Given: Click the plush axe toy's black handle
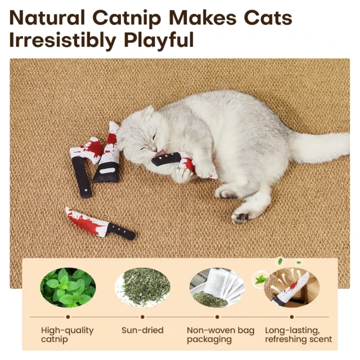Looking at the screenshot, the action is [x=82, y=177].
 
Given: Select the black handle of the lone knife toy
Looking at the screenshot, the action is [x=121, y=231].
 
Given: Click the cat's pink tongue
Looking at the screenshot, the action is [x=161, y=152].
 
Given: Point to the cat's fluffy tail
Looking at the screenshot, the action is [x=321, y=147].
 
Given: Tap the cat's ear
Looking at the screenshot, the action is [x=148, y=112].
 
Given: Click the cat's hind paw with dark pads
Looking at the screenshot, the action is [x=241, y=217].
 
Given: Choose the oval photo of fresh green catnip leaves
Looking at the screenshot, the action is [x=68, y=287].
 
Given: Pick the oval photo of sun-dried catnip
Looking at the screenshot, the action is [x=142, y=287].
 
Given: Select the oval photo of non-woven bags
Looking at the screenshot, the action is [x=217, y=287].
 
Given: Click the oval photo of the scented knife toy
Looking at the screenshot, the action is [x=291, y=287].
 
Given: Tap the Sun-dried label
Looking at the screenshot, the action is [x=142, y=330].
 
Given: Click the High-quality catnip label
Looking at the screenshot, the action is [x=67, y=335].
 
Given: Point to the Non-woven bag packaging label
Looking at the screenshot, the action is [x=220, y=335].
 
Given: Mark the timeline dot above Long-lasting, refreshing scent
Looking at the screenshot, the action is [x=291, y=317].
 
